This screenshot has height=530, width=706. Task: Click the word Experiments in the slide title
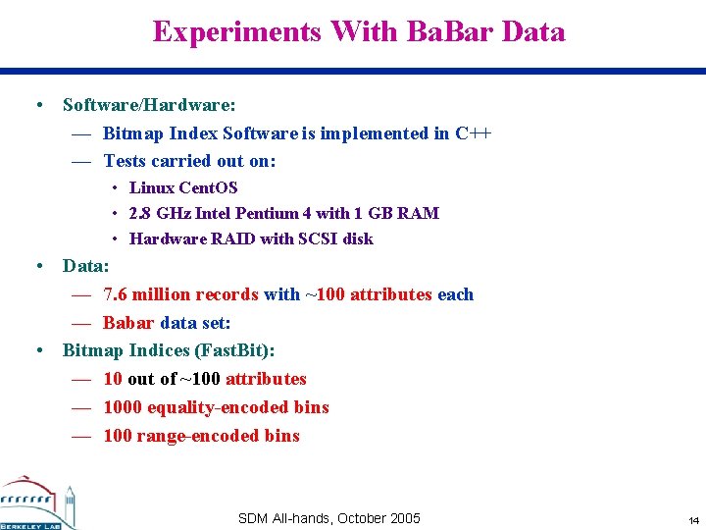[236, 32]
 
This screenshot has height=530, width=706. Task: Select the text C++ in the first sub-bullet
[473, 133]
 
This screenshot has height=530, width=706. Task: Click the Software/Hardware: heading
[149, 104]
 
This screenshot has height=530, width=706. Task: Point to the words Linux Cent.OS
[183, 187]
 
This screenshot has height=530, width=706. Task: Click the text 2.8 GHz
[160, 213]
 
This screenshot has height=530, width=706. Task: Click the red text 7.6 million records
[180, 294]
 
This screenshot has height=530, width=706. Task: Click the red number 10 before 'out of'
[113, 379]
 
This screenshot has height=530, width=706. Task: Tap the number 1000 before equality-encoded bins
[123, 407]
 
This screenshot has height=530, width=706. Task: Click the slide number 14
[693, 519]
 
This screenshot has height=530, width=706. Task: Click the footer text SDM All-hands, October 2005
[328, 518]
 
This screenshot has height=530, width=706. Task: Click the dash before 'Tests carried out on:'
[81, 162]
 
